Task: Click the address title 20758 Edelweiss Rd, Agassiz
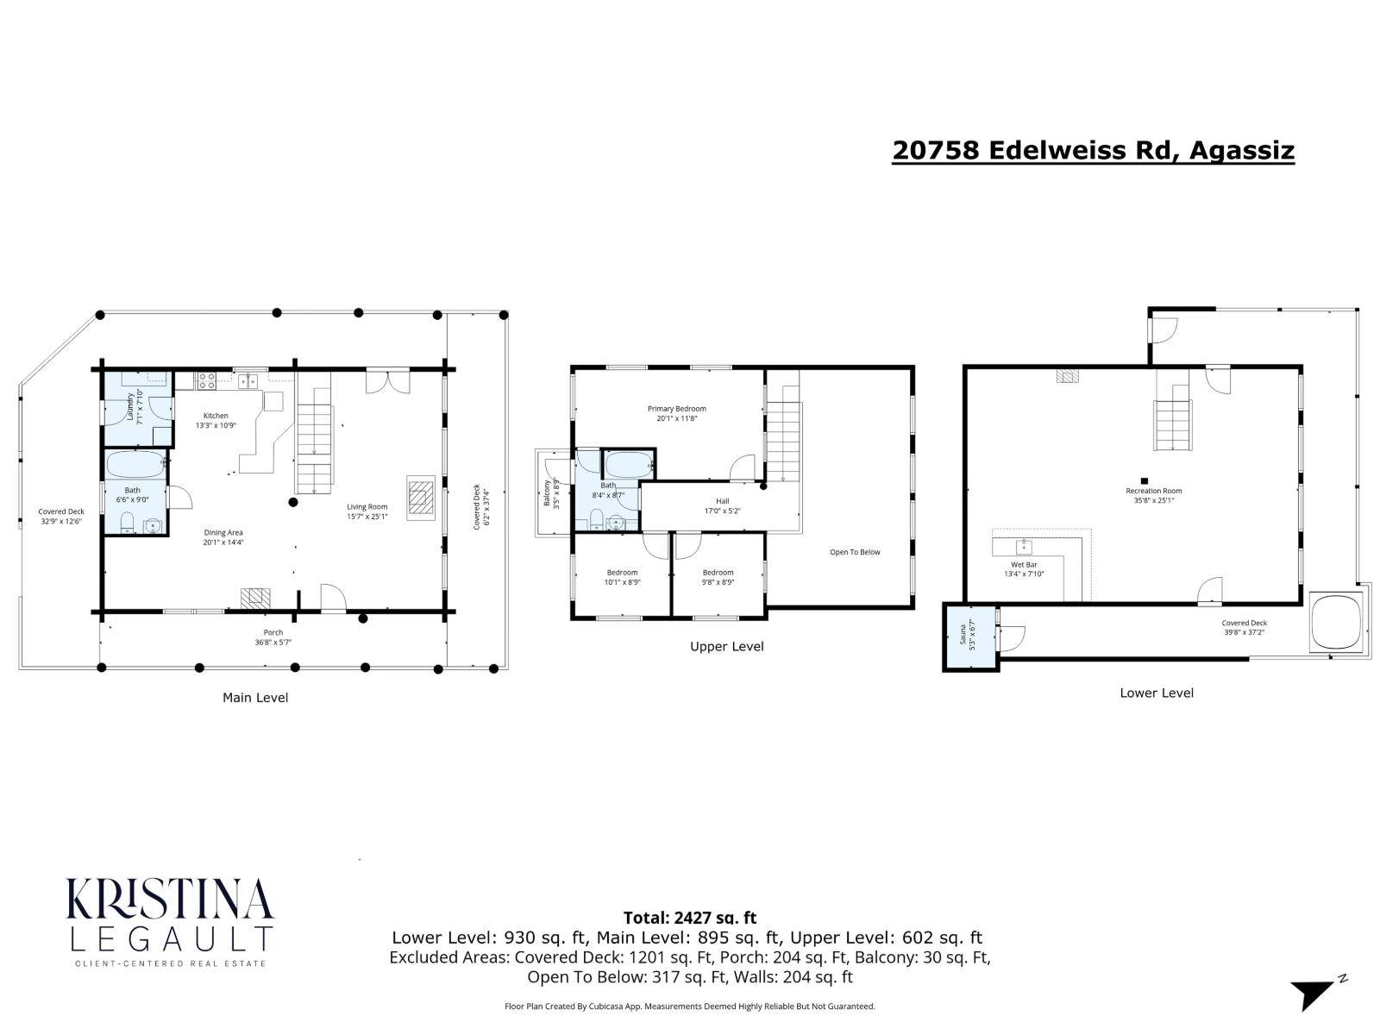click(1093, 150)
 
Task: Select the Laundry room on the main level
click(137, 408)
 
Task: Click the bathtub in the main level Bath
click(135, 466)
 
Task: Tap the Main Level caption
click(255, 697)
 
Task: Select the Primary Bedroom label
click(676, 413)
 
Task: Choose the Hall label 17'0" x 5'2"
click(722, 505)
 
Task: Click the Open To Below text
click(855, 552)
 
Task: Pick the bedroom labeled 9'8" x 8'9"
click(718, 577)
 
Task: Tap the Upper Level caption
click(726, 646)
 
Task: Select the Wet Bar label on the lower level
click(1024, 569)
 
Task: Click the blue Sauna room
click(969, 637)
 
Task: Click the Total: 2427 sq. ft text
click(689, 918)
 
